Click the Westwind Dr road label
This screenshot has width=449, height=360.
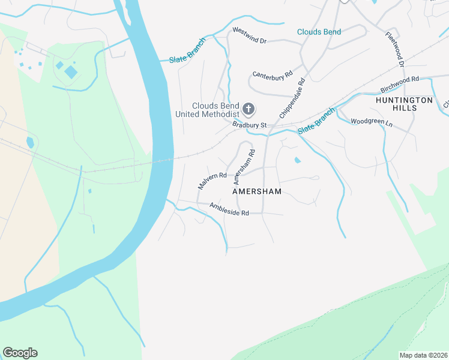(x=249, y=35)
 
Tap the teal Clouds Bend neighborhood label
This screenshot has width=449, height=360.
(x=319, y=32)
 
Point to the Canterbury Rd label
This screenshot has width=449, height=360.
(x=272, y=75)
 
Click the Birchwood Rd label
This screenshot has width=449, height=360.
(x=399, y=84)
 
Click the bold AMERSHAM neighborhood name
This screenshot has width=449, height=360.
(x=257, y=191)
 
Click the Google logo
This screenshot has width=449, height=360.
(x=20, y=353)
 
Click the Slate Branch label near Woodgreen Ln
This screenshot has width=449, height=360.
(x=316, y=121)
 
